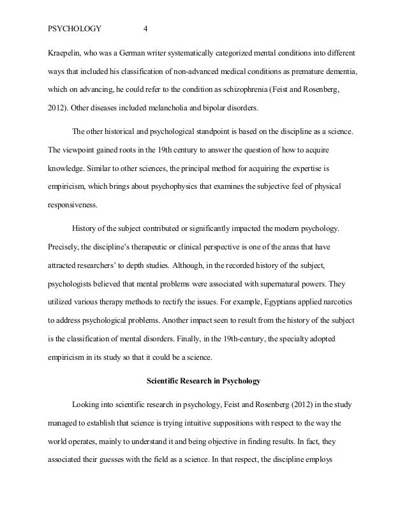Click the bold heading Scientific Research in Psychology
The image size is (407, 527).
pyautogui.click(x=204, y=364)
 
